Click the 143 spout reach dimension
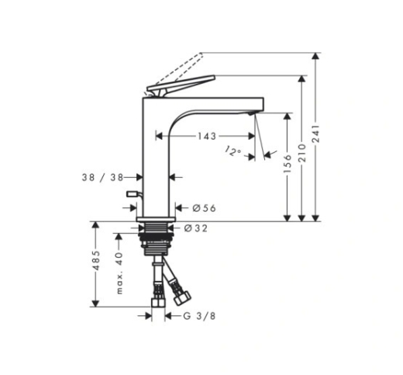coord(207,136)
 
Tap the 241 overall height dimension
coord(315,134)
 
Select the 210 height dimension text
coord(301,153)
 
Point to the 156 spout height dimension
coord(288,164)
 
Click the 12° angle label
coord(233,151)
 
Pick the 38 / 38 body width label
coord(102,178)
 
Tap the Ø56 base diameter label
coord(204,208)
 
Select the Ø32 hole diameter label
coord(195,228)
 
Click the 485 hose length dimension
coord(96,260)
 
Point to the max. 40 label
coord(119,273)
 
